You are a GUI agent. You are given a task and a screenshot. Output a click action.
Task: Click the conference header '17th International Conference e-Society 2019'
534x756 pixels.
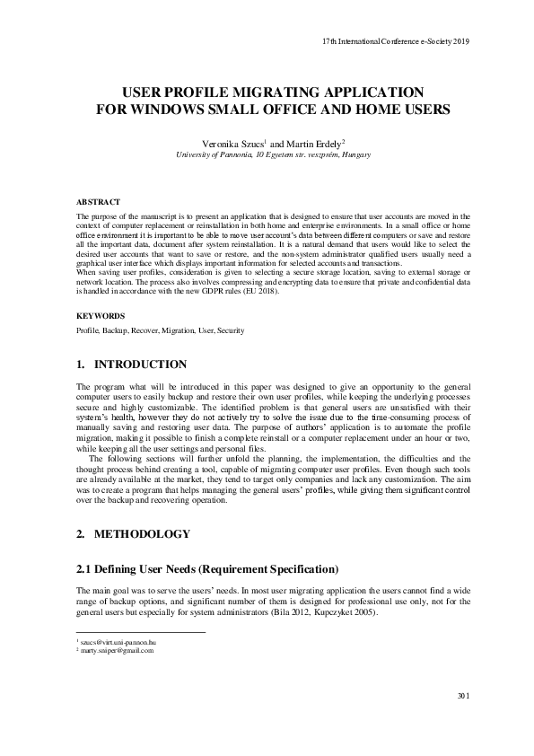[x=395, y=42]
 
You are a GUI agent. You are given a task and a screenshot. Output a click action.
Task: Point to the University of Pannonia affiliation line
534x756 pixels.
[x=267, y=154]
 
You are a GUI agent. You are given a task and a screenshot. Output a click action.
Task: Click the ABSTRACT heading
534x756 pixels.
[x=99, y=203]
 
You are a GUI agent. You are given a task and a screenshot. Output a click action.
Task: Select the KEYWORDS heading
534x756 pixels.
[x=101, y=316]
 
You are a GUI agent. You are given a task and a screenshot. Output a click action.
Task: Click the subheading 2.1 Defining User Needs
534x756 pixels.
[x=207, y=569]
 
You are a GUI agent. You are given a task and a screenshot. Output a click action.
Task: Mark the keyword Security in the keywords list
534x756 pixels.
[x=230, y=330]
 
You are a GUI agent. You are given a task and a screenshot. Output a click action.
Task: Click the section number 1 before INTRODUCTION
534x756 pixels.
[x=80, y=365]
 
